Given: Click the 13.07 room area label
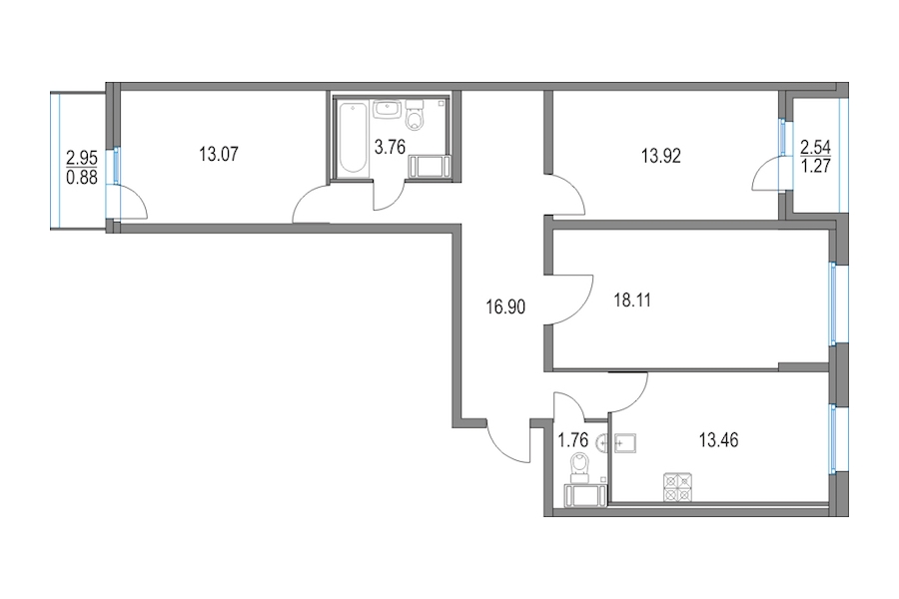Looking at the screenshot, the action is (219, 154).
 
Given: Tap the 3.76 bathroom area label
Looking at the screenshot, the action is (390, 148).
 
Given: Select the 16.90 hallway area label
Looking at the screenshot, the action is (505, 307).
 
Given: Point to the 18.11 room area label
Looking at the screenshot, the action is (632, 299).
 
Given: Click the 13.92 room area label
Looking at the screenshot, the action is (661, 156).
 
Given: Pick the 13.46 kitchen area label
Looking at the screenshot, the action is (718, 440).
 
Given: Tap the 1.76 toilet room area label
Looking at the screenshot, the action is (573, 440).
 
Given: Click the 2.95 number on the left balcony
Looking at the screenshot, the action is (82, 157).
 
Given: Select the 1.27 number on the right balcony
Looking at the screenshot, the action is (815, 167).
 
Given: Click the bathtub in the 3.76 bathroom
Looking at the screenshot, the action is (351, 138).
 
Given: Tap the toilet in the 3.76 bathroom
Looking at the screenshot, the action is (414, 115).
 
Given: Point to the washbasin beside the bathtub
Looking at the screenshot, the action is (387, 110).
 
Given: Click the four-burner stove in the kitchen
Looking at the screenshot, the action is (678, 486).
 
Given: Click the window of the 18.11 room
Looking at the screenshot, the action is (834, 303).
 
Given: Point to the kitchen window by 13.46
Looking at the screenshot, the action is (834, 439).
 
